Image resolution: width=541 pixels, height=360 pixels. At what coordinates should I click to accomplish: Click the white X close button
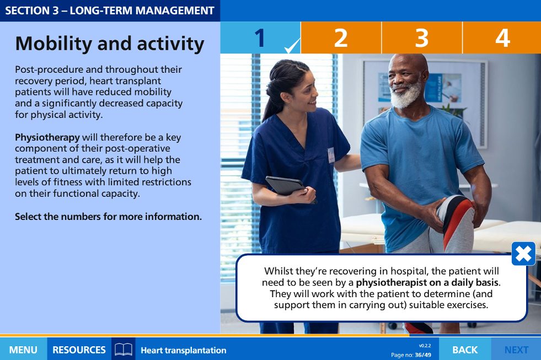coord(523,254)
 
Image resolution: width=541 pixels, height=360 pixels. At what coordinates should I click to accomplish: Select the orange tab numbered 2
coord(341,37)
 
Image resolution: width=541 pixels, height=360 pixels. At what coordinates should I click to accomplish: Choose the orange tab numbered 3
coord(422,37)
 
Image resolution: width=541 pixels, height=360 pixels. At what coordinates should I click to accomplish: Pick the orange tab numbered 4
coord(502,37)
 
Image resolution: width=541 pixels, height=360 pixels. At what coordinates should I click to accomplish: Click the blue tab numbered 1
coord(260,37)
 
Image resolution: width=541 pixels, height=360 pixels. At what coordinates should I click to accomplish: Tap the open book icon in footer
coord(123,350)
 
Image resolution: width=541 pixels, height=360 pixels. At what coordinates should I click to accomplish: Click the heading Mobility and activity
coord(110,44)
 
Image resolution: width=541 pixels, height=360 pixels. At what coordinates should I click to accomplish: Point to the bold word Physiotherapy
coord(47,138)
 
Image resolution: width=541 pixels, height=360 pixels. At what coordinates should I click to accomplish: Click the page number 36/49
coord(423,355)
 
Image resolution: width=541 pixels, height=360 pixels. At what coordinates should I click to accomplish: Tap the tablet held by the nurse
coord(286,186)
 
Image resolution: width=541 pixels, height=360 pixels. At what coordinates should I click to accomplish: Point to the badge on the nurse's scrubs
coord(331,155)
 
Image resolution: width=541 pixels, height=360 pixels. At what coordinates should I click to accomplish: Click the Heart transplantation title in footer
coord(184,350)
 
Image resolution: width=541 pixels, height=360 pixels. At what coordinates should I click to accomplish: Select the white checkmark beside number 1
coord(292,46)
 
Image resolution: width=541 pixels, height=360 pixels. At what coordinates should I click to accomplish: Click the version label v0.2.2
coord(425,346)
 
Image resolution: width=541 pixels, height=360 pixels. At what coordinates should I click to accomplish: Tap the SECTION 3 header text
coord(110,10)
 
